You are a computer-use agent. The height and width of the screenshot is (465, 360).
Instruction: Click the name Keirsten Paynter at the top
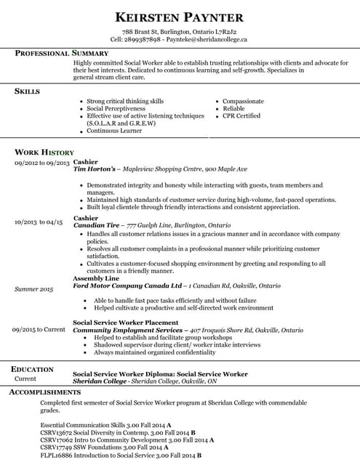pos(179,17)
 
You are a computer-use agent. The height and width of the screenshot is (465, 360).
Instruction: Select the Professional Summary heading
pos(62,54)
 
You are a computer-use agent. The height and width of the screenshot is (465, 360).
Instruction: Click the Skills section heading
pos(28,92)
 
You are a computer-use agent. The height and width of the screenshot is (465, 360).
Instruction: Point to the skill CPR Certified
pos(241,116)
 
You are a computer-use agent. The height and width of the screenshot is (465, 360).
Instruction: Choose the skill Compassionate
pos(243,101)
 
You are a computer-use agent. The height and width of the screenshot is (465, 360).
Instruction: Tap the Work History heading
pos(44,153)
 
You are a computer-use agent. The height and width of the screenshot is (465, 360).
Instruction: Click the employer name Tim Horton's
pos(95,169)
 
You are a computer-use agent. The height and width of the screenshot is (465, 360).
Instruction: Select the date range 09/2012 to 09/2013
pos(41,163)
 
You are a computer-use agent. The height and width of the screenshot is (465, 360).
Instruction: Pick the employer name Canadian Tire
pos(98,225)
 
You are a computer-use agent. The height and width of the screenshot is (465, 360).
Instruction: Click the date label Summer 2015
pos(34,289)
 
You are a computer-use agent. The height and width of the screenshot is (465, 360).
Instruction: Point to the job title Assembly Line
pos(96,278)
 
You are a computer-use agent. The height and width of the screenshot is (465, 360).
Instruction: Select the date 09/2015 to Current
pos(39,329)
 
